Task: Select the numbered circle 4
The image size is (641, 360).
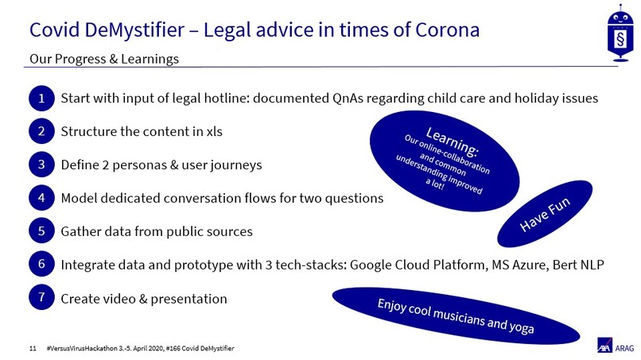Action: pyautogui.click(x=41, y=197)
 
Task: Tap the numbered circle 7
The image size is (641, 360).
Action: pyautogui.click(x=41, y=298)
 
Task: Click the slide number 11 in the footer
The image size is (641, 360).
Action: pyautogui.click(x=33, y=348)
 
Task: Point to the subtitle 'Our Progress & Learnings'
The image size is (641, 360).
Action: pyautogui.click(x=103, y=59)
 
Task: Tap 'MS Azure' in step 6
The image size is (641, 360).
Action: pyautogui.click(x=514, y=265)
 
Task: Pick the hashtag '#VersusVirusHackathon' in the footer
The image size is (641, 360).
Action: pyautogui.click(x=90, y=348)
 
